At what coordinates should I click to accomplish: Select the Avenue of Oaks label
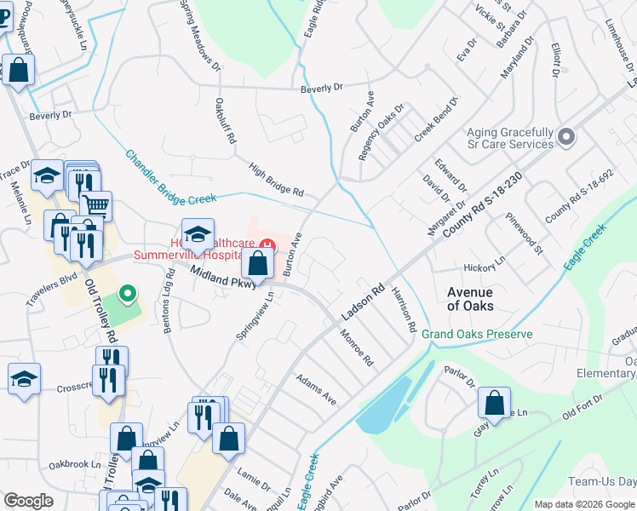tap(470, 298)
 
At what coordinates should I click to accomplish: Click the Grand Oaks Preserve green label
tap(477, 334)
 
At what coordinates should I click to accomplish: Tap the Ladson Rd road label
tap(364, 302)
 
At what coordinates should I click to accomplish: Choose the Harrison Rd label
tap(405, 308)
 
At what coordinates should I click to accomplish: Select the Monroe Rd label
tap(357, 347)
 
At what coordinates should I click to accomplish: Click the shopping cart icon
tap(96, 205)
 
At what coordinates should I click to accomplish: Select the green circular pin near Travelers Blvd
tap(127, 295)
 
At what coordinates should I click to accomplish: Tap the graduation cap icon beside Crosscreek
tap(24, 380)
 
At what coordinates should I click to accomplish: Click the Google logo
tap(28, 501)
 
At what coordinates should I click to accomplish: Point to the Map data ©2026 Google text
tap(584, 504)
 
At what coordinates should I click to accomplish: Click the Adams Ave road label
tap(316, 388)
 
